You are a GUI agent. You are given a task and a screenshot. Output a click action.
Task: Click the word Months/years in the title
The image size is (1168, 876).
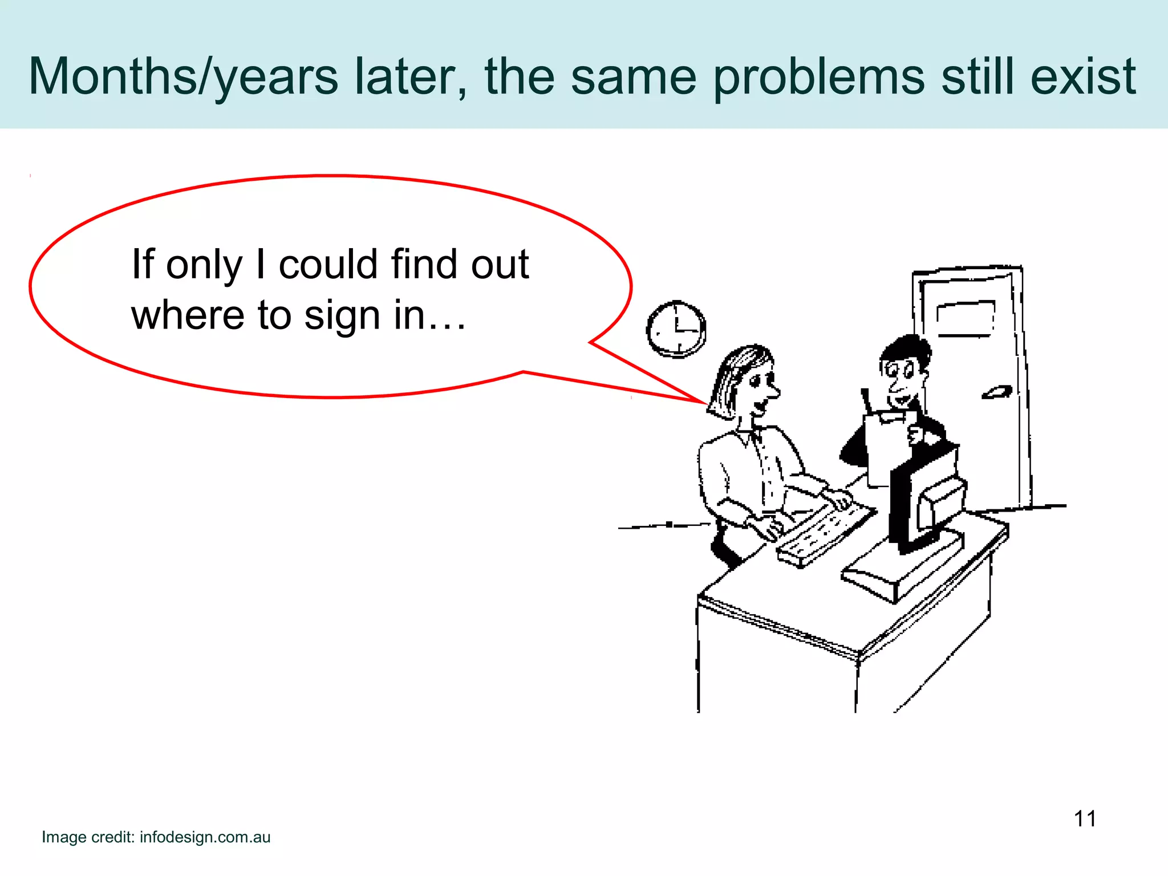(x=183, y=77)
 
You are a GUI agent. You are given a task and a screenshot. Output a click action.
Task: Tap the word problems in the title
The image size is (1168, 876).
(x=818, y=77)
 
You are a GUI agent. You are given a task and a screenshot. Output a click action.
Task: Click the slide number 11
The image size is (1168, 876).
(x=1085, y=819)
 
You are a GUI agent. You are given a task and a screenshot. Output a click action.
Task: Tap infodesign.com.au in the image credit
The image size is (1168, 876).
(x=205, y=837)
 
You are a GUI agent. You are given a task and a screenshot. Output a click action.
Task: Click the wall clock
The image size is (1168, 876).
(x=676, y=330)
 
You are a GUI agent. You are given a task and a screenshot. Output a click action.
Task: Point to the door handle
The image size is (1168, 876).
(x=996, y=392)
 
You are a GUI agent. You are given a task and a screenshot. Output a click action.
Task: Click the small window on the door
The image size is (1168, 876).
(x=965, y=318)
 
